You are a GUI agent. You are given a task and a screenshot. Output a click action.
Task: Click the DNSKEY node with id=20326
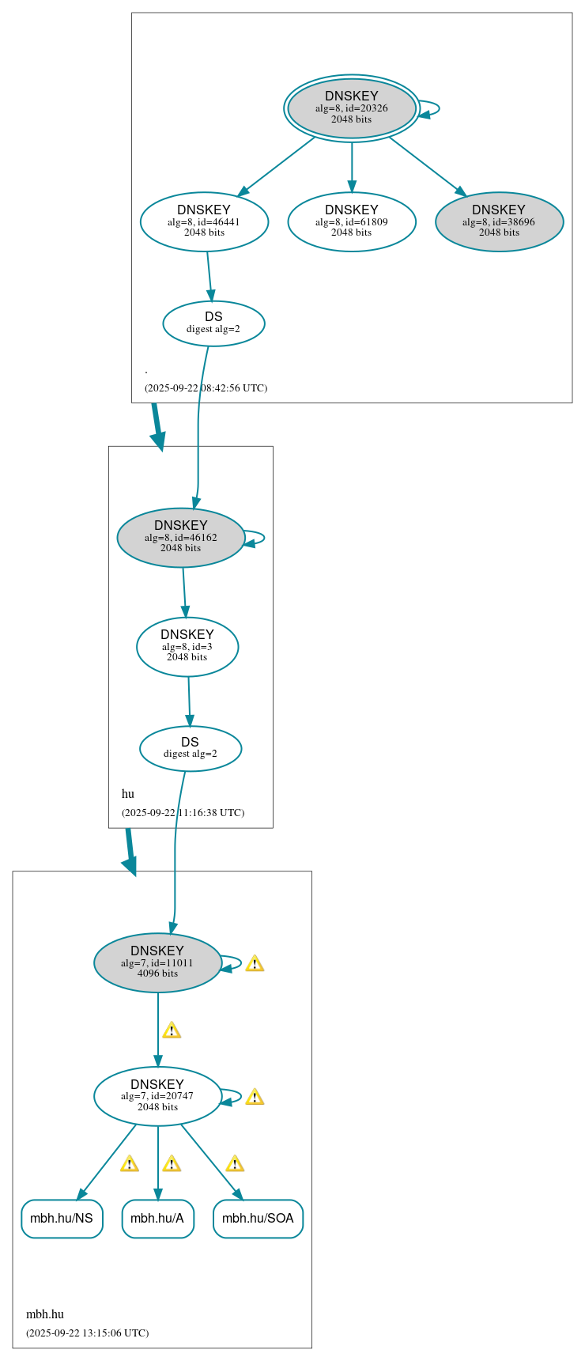tap(351, 108)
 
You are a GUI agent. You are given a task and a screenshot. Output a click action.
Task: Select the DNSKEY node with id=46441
tap(204, 221)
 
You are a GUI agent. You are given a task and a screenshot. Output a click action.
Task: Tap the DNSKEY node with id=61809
tap(351, 221)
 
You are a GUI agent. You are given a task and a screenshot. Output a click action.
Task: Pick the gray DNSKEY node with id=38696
tap(499, 221)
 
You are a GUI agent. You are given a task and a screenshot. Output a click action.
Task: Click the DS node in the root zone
tap(213, 323)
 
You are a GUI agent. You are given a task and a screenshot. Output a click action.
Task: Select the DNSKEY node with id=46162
tap(180, 537)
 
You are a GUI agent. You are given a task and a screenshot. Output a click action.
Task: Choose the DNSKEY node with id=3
tap(187, 646)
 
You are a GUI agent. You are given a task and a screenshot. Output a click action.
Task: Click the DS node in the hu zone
tap(190, 748)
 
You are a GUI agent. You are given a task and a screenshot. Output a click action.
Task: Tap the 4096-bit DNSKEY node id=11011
tap(157, 962)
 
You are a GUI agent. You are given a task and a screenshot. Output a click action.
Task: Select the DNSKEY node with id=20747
tap(157, 1096)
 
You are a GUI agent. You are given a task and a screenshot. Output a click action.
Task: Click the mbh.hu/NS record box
tap(62, 1219)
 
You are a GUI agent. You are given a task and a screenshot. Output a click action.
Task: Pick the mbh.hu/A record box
tap(157, 1219)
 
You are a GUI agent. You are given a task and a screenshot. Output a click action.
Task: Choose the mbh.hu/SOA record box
tap(258, 1219)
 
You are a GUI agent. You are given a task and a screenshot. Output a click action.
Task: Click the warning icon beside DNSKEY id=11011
tap(255, 963)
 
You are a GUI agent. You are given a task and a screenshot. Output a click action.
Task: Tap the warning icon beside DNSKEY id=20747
tap(255, 1097)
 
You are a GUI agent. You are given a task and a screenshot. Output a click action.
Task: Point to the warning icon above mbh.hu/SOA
tap(234, 1164)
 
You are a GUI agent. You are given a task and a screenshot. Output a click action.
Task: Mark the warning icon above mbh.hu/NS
tap(129, 1164)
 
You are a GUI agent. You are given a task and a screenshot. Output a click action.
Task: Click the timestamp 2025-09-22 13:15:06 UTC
tap(87, 1333)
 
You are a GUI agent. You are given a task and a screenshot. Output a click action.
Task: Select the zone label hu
tap(127, 794)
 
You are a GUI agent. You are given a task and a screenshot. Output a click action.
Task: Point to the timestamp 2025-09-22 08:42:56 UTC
tap(206, 388)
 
